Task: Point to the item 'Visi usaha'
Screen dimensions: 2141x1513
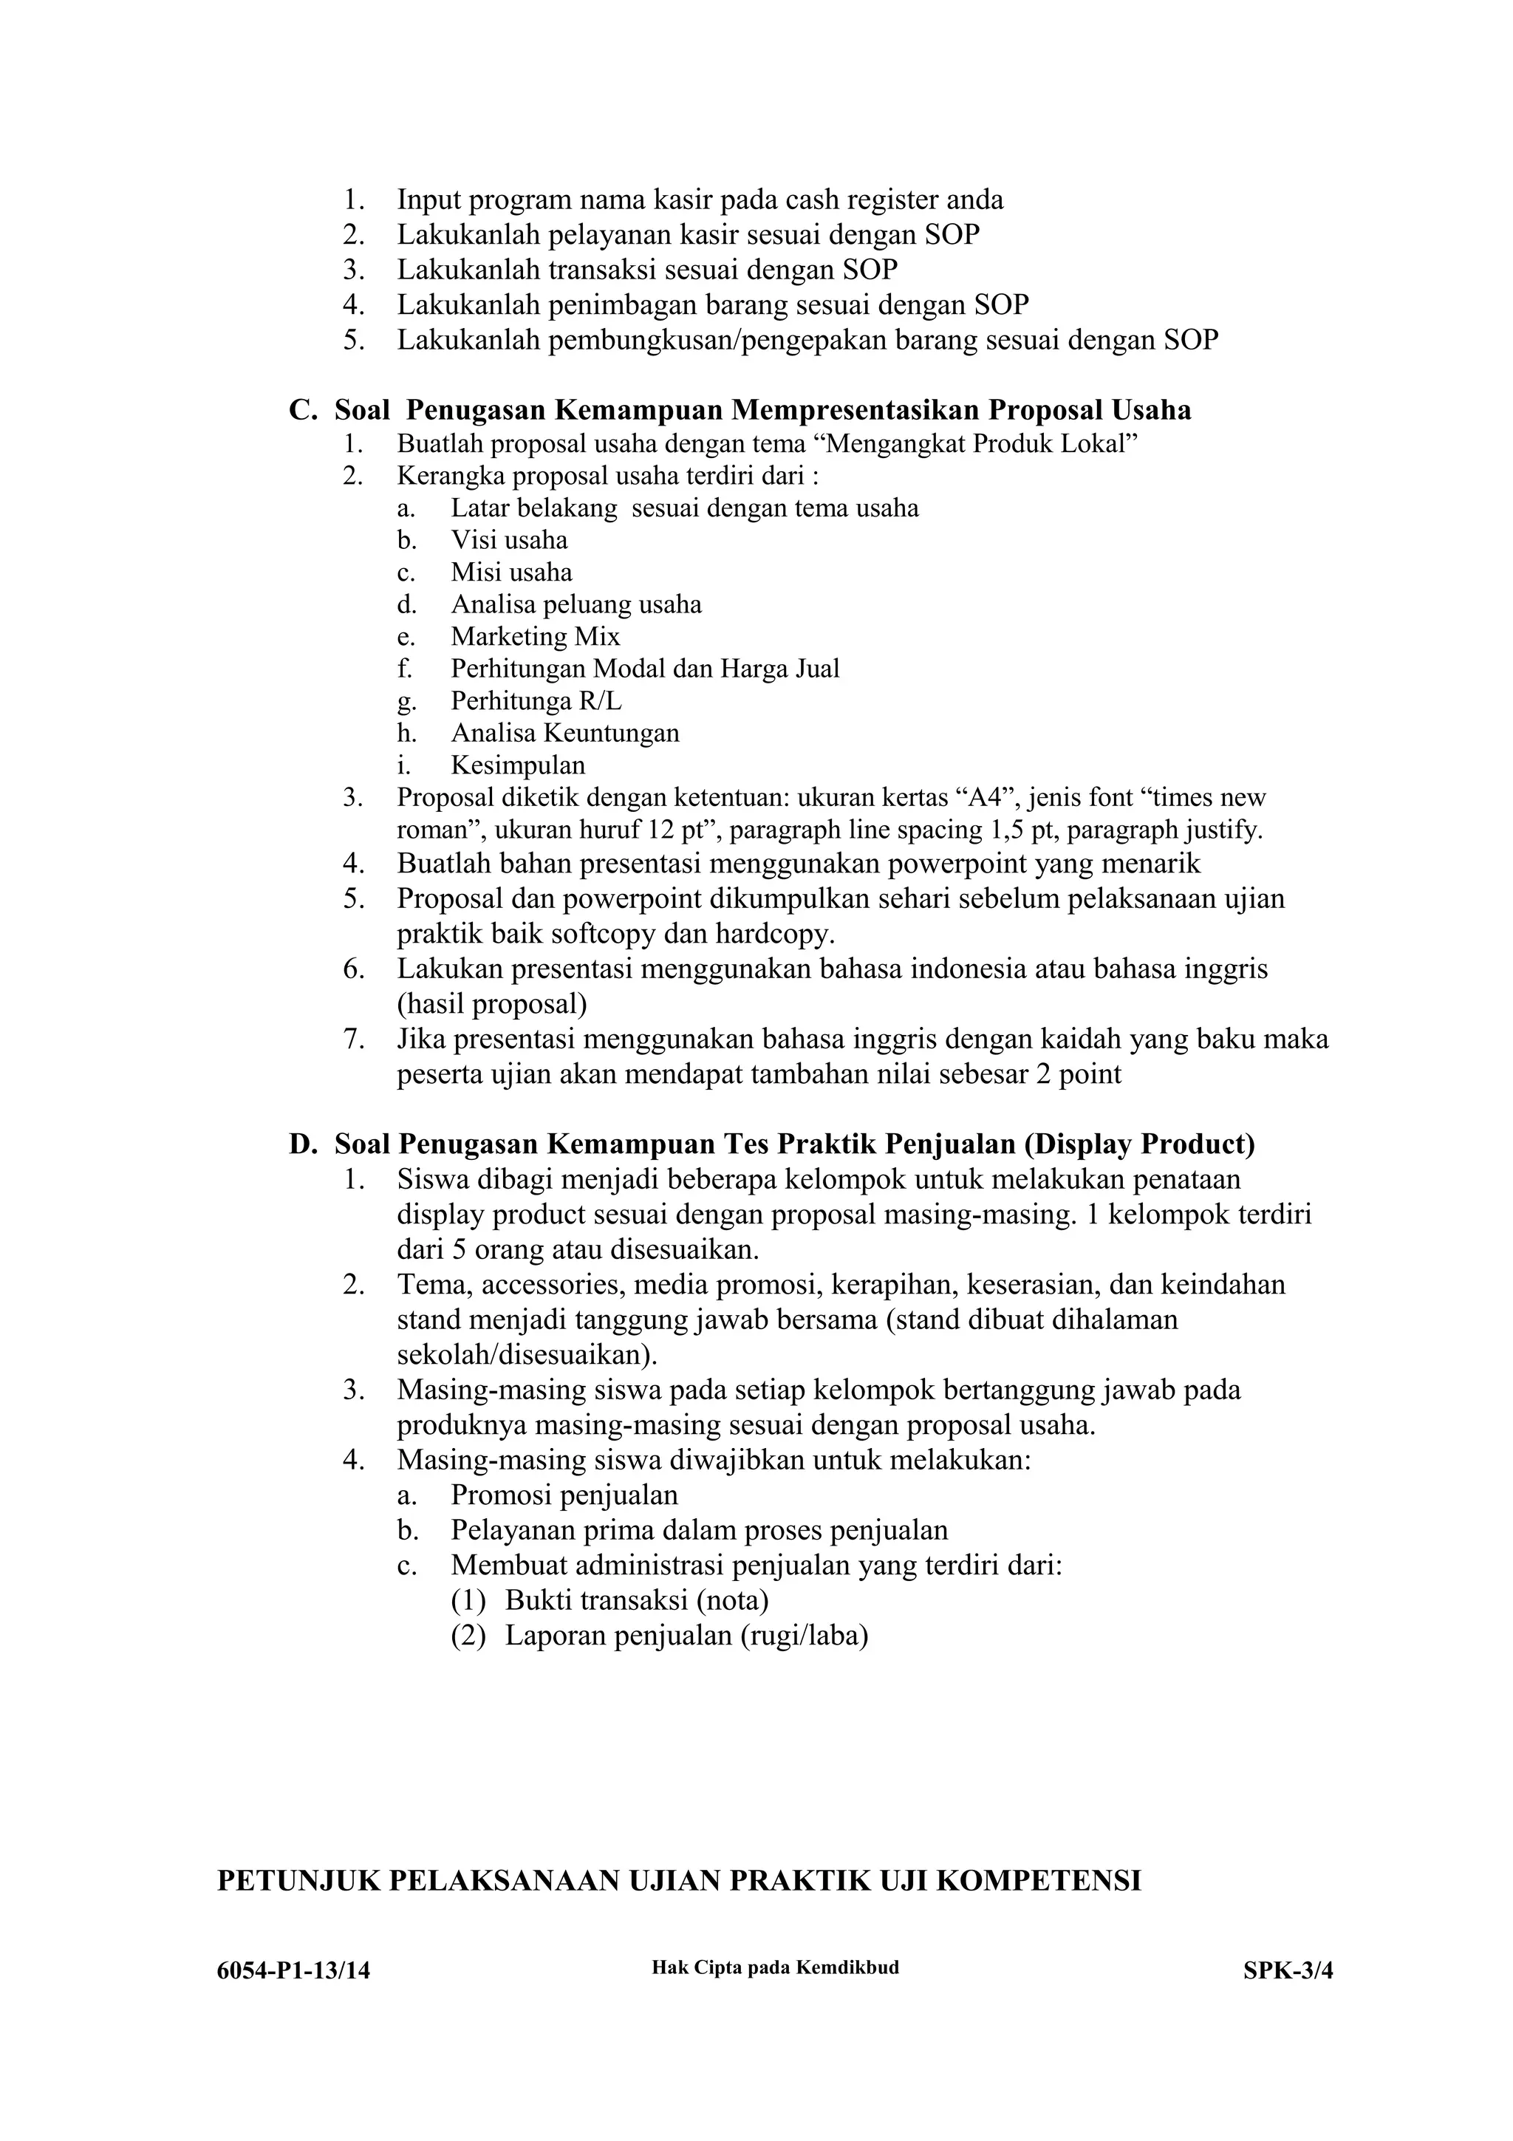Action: (x=509, y=541)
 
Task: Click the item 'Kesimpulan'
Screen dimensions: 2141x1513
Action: (x=519, y=765)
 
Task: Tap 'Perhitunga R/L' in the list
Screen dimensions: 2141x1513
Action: (x=536, y=700)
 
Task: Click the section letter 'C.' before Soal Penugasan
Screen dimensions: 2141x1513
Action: (x=303, y=410)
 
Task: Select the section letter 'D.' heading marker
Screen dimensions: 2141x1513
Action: (x=303, y=1144)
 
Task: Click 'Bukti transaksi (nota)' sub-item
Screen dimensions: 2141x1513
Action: (x=637, y=1600)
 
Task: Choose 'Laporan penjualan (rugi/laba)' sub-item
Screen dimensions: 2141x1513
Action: (x=686, y=1636)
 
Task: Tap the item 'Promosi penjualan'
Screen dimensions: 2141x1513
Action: (x=564, y=1496)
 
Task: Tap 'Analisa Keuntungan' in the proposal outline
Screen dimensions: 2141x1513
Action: (x=565, y=733)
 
